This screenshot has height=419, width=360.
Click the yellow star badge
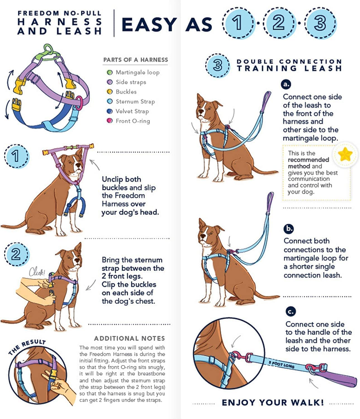point(345,154)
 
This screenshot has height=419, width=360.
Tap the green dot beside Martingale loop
point(110,73)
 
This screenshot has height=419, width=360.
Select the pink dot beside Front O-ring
point(110,121)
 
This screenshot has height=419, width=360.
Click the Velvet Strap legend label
point(132,111)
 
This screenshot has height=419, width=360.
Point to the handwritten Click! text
point(37,272)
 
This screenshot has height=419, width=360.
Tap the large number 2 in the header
point(278,23)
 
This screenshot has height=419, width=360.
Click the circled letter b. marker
point(289,229)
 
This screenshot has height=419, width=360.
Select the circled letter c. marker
point(291,311)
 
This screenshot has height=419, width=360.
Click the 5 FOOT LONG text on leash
point(281,364)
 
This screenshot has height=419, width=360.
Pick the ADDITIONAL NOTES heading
point(130,339)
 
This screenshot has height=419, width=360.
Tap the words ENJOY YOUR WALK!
point(273,403)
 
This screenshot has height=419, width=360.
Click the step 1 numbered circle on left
point(16,156)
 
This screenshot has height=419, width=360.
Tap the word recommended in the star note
point(308,160)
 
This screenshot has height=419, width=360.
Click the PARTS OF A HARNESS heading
point(135,60)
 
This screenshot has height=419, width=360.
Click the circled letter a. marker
point(286,84)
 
